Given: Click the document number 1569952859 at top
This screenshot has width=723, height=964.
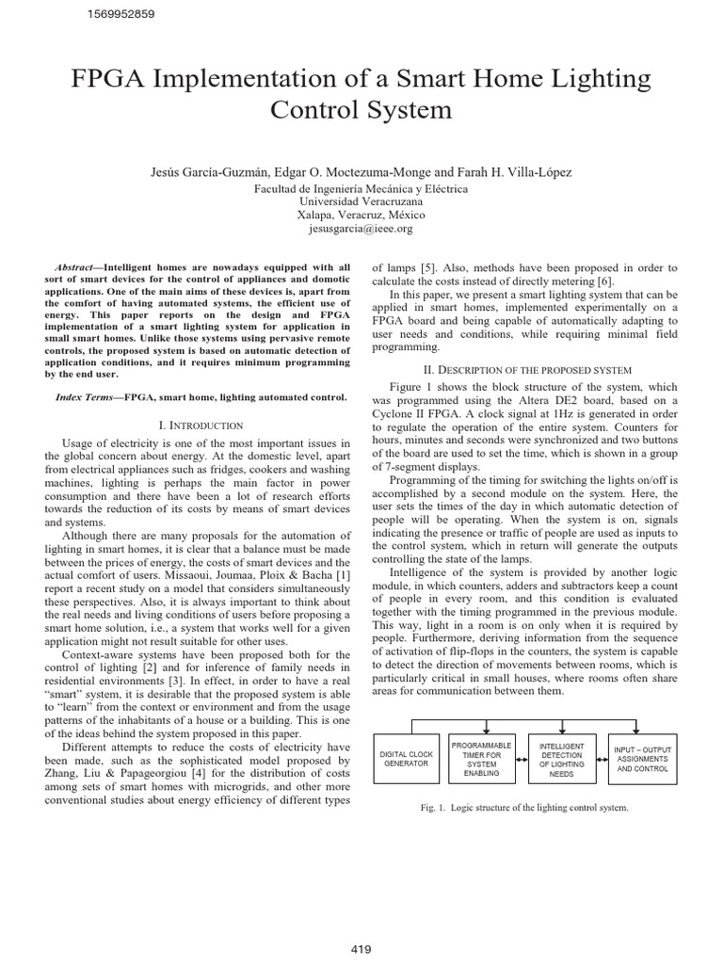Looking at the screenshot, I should [x=121, y=14].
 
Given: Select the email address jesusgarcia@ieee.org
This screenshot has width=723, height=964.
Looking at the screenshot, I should [x=361, y=229].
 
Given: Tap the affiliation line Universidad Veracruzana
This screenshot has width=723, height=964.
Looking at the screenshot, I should [x=361, y=201].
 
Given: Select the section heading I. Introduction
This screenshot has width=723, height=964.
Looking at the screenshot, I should [x=201, y=426].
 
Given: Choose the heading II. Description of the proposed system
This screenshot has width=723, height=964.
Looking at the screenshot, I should [x=514, y=369].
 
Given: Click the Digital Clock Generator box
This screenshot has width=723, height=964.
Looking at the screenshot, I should [x=406, y=759].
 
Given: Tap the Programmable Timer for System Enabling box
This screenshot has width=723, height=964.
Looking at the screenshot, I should [x=482, y=759].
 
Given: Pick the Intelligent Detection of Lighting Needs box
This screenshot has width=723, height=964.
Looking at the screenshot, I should [x=561, y=759].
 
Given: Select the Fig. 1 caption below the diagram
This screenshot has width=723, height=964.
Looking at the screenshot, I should [x=524, y=807].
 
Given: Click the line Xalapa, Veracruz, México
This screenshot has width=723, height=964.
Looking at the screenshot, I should [x=361, y=215].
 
